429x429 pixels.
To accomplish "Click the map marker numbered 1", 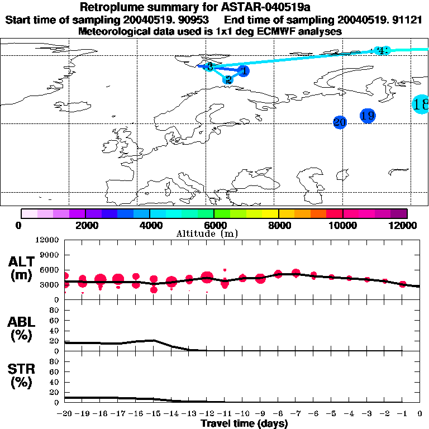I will pos(243,71).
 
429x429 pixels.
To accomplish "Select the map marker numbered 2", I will pos(228,79).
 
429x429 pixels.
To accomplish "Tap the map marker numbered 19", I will pos(368,116).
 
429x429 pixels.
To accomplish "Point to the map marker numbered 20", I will pos(340,122).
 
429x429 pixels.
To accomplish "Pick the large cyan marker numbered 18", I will pos(421,104).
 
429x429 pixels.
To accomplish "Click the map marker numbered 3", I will pos(209,67).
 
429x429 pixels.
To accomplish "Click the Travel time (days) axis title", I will pos(244,423).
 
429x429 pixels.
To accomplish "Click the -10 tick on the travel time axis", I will pos(243,414).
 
